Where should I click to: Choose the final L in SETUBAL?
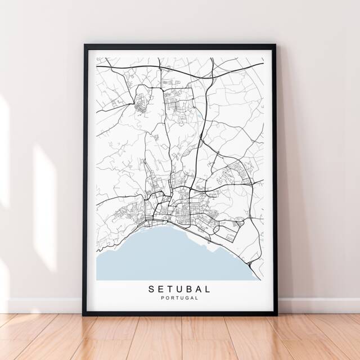click(209, 289)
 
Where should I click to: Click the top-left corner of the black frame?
click(85, 46)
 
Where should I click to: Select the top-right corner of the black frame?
click(274, 46)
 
